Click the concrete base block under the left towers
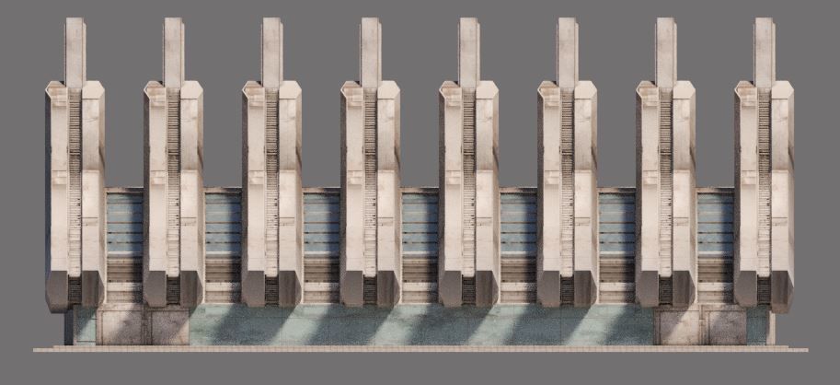coord(142,325)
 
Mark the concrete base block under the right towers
coord(699,325)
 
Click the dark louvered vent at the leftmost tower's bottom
coord(75,290)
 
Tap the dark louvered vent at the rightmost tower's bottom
coord(764,290)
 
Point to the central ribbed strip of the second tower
coord(173,184)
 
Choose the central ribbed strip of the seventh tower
coord(665,184)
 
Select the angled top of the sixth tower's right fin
coord(585,88)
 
